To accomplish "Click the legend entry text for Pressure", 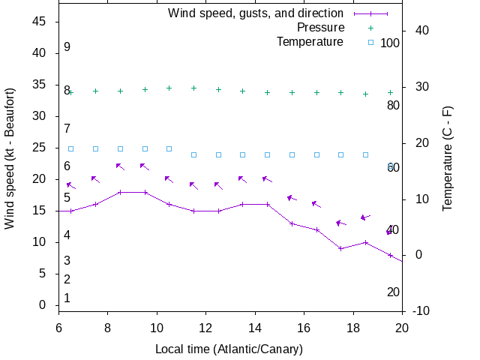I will point(320,28).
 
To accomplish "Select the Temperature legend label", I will point(310,42).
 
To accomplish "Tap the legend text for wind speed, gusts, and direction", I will point(255,13).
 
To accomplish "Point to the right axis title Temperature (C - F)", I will point(448,157).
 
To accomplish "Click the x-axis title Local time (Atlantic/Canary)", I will point(229,349).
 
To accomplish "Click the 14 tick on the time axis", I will point(255,328).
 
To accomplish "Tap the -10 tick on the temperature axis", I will point(421,311).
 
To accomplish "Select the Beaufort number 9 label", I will point(67,47).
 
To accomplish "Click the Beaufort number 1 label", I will point(67,298).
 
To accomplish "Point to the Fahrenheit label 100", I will point(390,43).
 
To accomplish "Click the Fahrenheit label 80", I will point(393,105).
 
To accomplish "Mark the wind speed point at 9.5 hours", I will point(145,192).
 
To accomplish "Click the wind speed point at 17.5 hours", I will point(341,248).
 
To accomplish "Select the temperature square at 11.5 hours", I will point(193,154).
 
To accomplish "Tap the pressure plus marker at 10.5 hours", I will point(169,88).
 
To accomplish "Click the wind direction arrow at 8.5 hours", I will point(120,166).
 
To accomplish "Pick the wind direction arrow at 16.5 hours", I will point(316,204).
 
